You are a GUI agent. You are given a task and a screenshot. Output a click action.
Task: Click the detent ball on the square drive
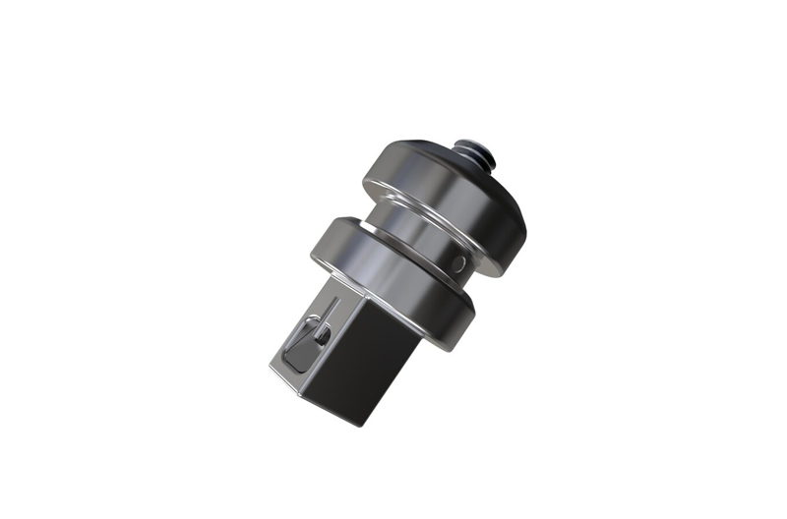(323, 336)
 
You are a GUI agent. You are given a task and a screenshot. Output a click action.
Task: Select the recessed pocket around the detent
(299, 349)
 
